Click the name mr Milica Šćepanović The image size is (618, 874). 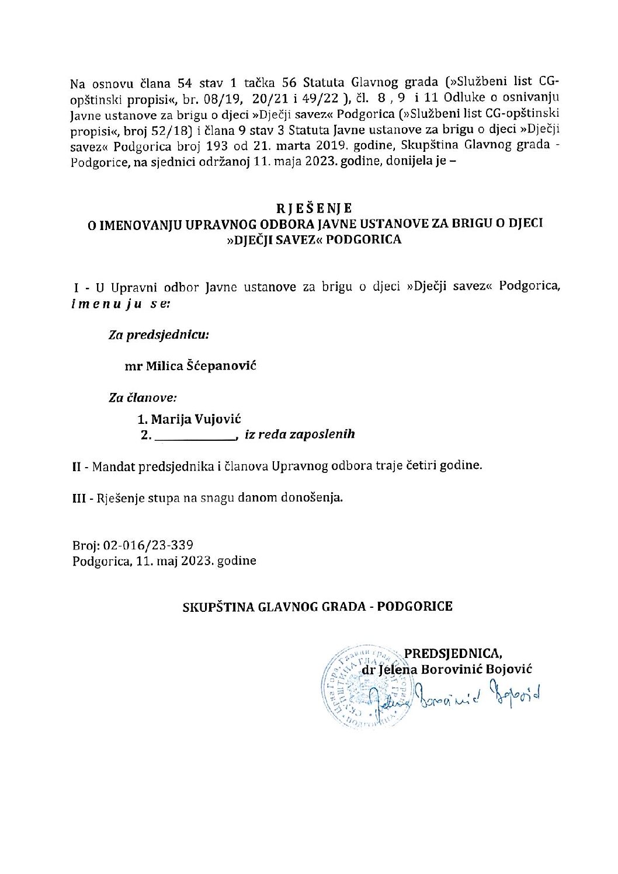(x=190, y=366)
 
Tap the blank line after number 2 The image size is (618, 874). (x=196, y=436)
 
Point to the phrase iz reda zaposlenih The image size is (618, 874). (x=300, y=434)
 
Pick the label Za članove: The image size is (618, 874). (x=143, y=398)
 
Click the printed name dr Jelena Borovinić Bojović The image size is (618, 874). (x=447, y=670)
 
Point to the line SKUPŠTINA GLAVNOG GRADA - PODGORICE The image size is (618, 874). (x=315, y=606)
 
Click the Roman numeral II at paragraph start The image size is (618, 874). (x=76, y=467)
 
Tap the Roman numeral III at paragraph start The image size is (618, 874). (x=78, y=499)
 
